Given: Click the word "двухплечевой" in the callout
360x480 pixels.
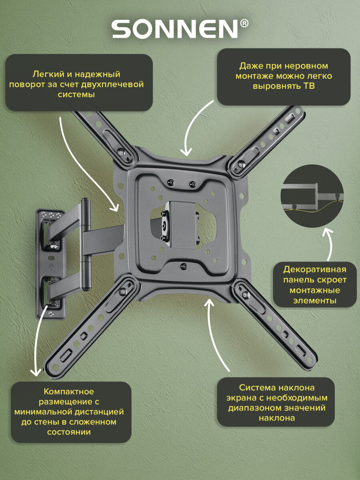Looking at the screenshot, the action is coord(112,84).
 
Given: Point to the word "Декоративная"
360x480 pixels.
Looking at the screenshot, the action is coord(315,270).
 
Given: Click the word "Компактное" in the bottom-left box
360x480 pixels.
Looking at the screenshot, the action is coord(69,392).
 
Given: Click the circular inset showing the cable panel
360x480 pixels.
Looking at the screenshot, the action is coord(312,196).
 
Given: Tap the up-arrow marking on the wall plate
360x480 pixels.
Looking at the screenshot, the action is coord(52,267).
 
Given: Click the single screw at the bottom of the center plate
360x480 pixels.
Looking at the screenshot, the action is coord(184,266).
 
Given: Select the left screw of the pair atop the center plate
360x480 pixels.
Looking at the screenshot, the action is coord(170,182).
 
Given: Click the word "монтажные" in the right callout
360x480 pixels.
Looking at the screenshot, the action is coord(315,290).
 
